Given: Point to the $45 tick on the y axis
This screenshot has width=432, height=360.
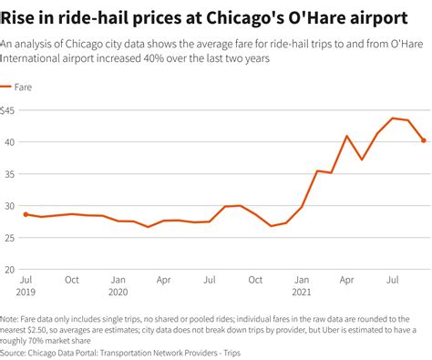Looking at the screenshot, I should tap(11, 110).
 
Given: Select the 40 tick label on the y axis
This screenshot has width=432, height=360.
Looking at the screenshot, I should tap(11, 142).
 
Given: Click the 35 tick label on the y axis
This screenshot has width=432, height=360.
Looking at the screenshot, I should tap(11, 174).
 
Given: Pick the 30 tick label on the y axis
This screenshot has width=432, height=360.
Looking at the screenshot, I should tap(11, 206).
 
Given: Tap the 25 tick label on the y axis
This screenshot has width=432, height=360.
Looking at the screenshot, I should tap(11, 238).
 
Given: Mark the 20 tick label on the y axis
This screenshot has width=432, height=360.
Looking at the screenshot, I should tap(11, 270).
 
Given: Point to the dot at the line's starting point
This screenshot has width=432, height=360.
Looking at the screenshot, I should tap(26, 214).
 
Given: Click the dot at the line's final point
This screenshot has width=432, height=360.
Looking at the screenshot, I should tap(424, 140).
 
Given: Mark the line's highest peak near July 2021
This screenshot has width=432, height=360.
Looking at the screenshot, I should tap(393, 118).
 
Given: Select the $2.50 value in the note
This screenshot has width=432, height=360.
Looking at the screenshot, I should tap(37, 330).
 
